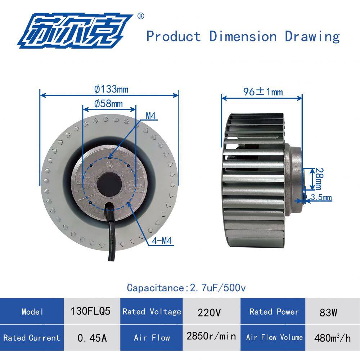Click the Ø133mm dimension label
pyautogui.click(x=111, y=89)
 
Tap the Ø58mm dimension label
pyautogui.click(x=108, y=104)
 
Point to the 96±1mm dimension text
pyautogui.click(x=263, y=92)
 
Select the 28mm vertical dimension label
pyautogui.click(x=319, y=179)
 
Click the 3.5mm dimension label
pyautogui.click(x=321, y=197)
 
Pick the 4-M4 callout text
pyautogui.click(x=162, y=241)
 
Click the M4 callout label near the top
pyautogui.click(x=151, y=116)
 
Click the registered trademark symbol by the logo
pyautogui.click(x=140, y=16)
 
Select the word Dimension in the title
pyautogui.click(x=243, y=36)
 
